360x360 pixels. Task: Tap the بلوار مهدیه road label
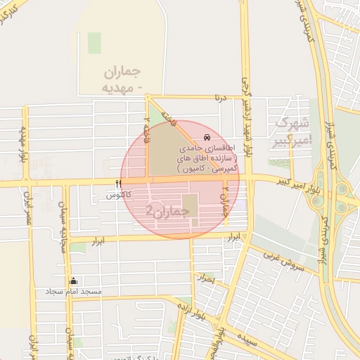[x=23, y=143]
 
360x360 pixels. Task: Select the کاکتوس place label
[x=120, y=195]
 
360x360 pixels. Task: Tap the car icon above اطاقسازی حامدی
[x=206, y=137]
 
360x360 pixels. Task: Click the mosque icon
[x=74, y=281]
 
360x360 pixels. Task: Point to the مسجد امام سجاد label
[x=73, y=291]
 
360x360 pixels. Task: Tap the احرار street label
[x=205, y=278]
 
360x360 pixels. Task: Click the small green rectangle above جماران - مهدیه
[x=94, y=42]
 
